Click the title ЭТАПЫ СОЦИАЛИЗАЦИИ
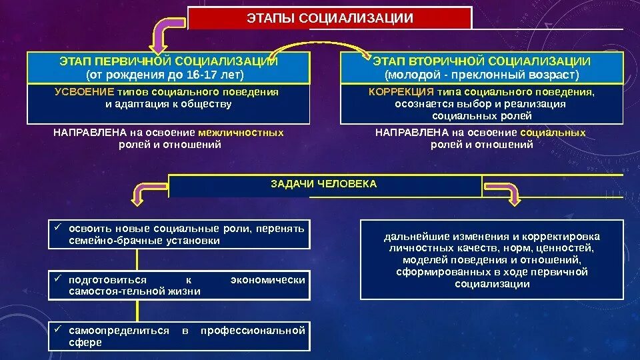tap(329, 17)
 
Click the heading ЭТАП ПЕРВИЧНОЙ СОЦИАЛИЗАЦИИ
tap(168, 61)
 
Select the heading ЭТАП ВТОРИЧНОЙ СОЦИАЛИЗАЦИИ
tap(482, 61)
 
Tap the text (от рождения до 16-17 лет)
tap(168, 73)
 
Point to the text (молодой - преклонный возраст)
tap(482, 73)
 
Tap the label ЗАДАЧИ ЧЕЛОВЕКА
tap(323, 184)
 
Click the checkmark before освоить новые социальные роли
tap(57, 228)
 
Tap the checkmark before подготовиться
tap(57, 279)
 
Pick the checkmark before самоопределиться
tap(57, 330)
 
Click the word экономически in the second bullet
tap(268, 280)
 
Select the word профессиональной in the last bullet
tap(253, 331)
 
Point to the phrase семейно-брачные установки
tap(144, 241)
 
